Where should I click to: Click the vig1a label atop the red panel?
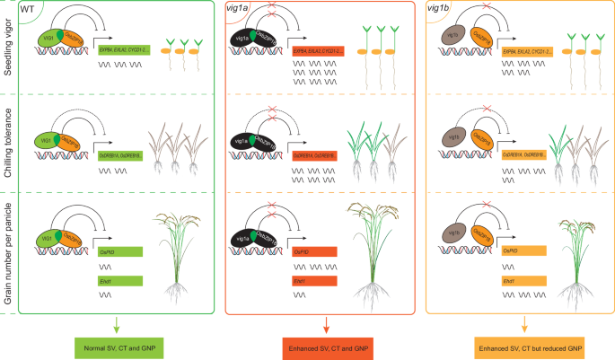(x=239, y=9)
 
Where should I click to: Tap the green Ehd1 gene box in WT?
(x=120, y=281)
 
